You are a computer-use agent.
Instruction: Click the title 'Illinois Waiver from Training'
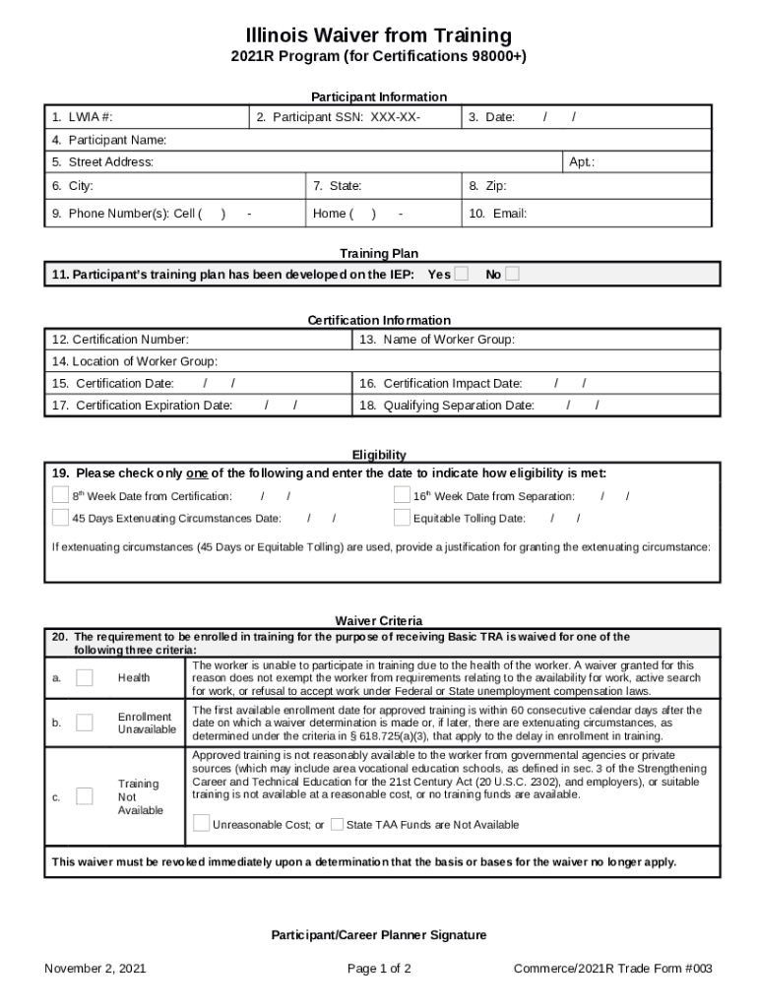(x=379, y=36)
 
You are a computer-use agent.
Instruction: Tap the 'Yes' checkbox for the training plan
(x=461, y=275)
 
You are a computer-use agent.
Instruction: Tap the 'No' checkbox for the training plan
(x=512, y=275)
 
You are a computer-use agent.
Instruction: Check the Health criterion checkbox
(x=85, y=677)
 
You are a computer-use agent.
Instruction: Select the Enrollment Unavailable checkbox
(x=85, y=724)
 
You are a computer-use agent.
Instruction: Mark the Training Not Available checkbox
(x=85, y=796)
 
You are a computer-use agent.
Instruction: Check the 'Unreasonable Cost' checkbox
(x=202, y=824)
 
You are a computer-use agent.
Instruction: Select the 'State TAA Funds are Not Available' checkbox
(x=337, y=824)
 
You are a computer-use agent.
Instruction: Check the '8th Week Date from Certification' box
(x=61, y=495)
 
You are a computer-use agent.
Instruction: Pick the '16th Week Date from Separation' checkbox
(x=402, y=495)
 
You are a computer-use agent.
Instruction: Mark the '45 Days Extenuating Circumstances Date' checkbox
(x=61, y=518)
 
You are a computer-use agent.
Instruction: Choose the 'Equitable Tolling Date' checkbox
(x=402, y=518)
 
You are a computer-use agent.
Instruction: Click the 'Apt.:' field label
(x=582, y=161)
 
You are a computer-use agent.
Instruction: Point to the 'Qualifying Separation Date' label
(x=447, y=406)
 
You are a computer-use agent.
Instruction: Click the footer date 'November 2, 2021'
(x=95, y=969)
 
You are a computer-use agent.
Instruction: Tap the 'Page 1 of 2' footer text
(x=379, y=969)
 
